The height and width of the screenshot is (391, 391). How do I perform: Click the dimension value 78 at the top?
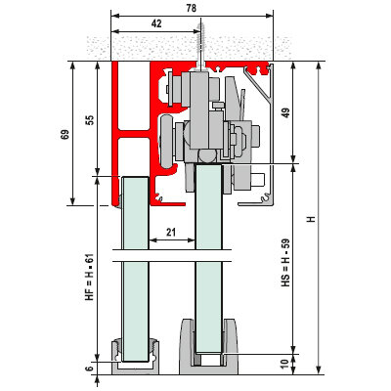pyautogui.click(x=192, y=8)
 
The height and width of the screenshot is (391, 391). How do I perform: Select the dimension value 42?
pyautogui.click(x=156, y=23)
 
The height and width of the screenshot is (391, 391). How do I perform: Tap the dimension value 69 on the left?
pyautogui.click(x=65, y=134)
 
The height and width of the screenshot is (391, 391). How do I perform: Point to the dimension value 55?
pyautogui.click(x=90, y=119)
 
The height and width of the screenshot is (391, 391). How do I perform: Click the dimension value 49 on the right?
pyautogui.click(x=285, y=112)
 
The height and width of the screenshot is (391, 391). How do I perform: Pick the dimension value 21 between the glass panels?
pyautogui.click(x=171, y=233)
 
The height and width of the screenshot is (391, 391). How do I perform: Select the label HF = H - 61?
pyautogui.click(x=89, y=277)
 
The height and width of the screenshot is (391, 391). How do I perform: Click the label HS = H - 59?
pyautogui.click(x=285, y=263)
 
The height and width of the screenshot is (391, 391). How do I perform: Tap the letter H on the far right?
pyautogui.click(x=312, y=219)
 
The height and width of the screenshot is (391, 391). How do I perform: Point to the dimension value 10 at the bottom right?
pyautogui.click(x=284, y=364)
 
